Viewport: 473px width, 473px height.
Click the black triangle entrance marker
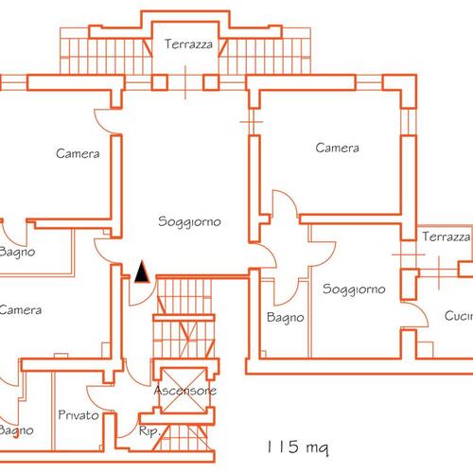[142, 272]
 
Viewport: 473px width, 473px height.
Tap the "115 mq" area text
[298, 447]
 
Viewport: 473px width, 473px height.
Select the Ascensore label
[185, 391]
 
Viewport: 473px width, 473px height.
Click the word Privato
[79, 414]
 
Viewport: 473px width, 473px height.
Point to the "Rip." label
[149, 431]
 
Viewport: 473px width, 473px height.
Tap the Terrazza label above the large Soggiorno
[188, 44]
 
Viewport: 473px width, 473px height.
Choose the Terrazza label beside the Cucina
[446, 236]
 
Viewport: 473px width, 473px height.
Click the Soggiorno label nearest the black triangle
[189, 221]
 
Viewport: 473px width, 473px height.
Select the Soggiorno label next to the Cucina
[354, 289]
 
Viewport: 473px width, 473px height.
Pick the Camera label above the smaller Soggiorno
[337, 148]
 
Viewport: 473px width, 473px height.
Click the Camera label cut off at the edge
[21, 309]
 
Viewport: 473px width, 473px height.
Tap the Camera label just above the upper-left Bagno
[78, 153]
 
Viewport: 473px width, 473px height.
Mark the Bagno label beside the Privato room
[16, 430]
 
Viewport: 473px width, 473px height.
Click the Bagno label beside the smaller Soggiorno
[286, 318]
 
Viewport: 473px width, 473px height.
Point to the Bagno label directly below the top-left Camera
[17, 252]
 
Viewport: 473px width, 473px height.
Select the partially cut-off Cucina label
[459, 316]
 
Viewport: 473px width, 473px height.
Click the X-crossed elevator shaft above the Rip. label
[184, 391]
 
